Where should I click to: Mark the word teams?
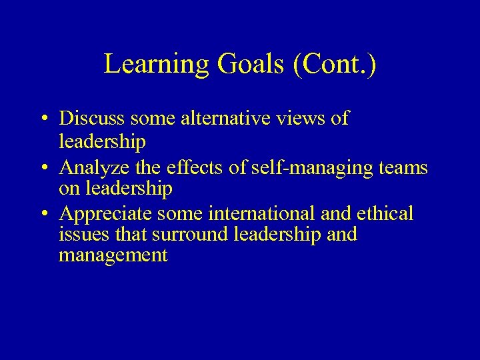coord(402,167)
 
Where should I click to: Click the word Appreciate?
coord(99,214)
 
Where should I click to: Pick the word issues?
coord(79,234)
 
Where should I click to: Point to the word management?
coord(113,255)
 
